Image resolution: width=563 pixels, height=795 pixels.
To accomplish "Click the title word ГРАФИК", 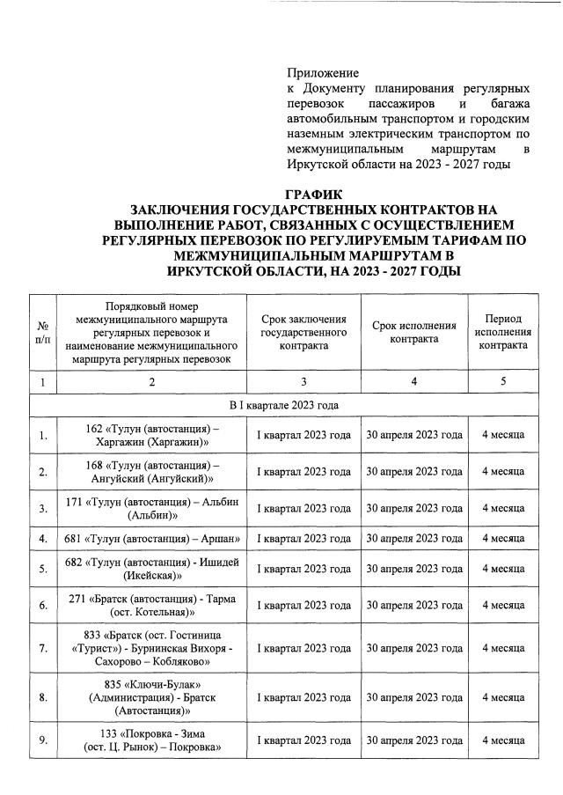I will click(x=313, y=194).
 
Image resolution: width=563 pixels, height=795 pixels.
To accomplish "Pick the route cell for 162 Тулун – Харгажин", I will click(x=152, y=435).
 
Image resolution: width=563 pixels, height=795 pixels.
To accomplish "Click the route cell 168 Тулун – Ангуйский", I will click(x=152, y=472).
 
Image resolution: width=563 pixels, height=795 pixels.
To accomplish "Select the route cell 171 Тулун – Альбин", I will click(x=152, y=508).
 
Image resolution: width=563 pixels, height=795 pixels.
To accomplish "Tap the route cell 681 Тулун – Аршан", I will click(x=152, y=538).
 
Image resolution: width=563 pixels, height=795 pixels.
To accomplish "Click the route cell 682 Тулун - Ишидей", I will click(x=152, y=569).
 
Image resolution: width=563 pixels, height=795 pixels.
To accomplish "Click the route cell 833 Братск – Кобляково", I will click(x=152, y=648).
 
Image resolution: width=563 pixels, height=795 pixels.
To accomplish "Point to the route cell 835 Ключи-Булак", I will click(x=152, y=697).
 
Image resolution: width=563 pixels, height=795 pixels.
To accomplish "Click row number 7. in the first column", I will click(x=42, y=648).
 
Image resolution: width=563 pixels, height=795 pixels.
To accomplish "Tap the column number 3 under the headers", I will click(x=303, y=382).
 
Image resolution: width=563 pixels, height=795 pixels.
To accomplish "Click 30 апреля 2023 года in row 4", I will click(x=413, y=538).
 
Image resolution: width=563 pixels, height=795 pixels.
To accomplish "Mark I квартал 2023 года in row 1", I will click(x=303, y=435).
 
